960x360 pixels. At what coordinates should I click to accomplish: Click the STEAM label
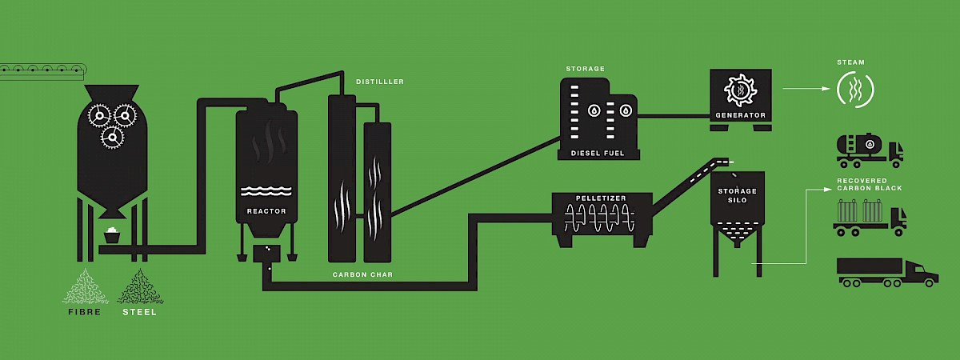click(x=850, y=62)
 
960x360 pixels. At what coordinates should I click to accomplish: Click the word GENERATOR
click(x=740, y=115)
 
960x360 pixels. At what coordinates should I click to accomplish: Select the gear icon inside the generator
click(x=740, y=90)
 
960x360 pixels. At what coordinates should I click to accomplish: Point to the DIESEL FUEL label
click(x=598, y=152)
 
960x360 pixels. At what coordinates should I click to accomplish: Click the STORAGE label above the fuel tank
click(x=585, y=69)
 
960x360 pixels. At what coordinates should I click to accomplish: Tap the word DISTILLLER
click(x=380, y=82)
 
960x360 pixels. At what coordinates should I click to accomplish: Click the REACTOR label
click(x=266, y=211)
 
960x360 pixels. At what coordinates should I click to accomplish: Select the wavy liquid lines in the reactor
click(x=266, y=191)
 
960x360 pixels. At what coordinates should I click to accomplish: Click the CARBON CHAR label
click(x=362, y=274)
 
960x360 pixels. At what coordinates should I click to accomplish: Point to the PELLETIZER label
click(x=601, y=197)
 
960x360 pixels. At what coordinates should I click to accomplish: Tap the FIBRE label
click(x=85, y=312)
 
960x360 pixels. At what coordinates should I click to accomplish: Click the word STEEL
click(x=140, y=312)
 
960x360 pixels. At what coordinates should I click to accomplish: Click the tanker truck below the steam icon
click(x=869, y=150)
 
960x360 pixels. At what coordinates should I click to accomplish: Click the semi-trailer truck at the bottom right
click(x=886, y=272)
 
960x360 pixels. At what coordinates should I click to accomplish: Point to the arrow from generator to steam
click(x=804, y=89)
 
